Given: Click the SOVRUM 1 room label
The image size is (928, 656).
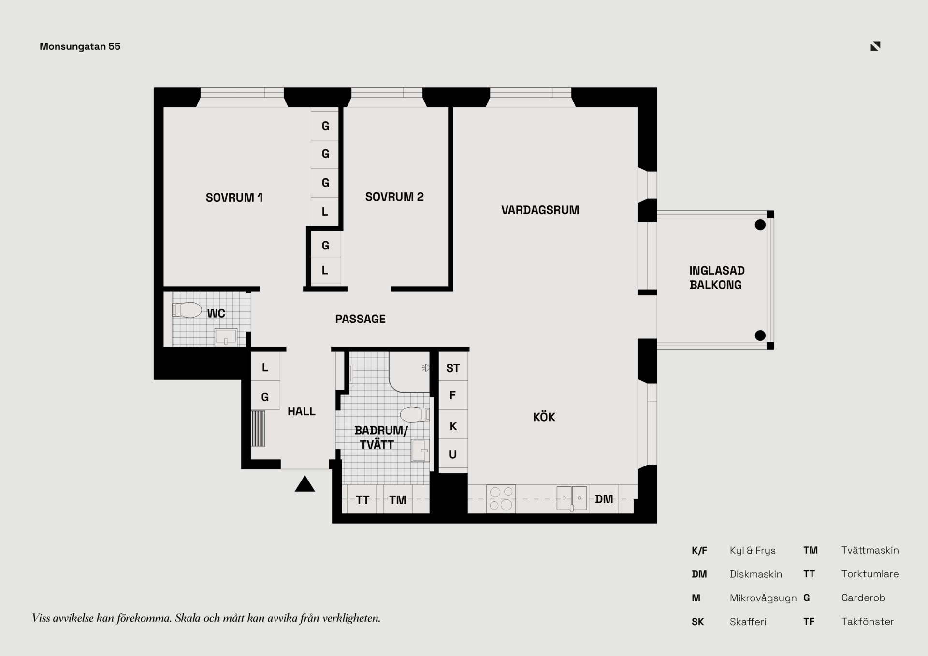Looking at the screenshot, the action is (x=234, y=197).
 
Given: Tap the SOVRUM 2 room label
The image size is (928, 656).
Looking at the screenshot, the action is (x=394, y=197).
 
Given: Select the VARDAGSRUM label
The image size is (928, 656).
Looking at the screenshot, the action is (x=540, y=210).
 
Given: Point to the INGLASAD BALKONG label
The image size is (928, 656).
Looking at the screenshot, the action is (x=717, y=277).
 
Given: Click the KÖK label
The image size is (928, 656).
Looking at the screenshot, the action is (x=544, y=417).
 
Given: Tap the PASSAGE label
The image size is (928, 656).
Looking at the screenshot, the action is (x=360, y=319).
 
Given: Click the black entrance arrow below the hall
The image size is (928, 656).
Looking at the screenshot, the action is (x=304, y=484).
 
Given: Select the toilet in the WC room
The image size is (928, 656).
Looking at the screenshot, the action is (x=187, y=310).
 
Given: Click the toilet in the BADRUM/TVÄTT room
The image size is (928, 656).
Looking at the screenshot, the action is (x=415, y=414).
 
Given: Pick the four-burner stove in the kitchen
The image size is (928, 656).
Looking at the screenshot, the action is (x=501, y=498).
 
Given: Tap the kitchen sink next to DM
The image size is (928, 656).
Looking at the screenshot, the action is (x=572, y=498).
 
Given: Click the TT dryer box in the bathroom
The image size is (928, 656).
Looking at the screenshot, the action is (x=363, y=499).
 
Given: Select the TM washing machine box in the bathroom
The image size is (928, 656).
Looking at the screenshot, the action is (x=398, y=499).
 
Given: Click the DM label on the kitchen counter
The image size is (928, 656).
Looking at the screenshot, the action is (x=604, y=499).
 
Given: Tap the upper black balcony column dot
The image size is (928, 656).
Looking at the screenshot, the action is (x=760, y=225).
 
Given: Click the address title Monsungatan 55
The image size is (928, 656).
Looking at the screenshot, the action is (x=80, y=46).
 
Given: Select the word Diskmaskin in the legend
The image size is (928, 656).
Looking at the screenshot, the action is (x=756, y=574).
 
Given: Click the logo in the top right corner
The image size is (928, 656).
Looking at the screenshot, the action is (x=875, y=46).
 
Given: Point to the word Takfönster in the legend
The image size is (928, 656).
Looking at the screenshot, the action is (x=868, y=621).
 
